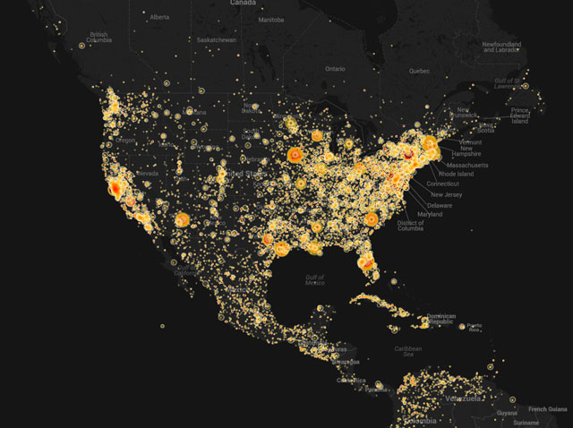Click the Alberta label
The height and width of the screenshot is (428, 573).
coord(159,17)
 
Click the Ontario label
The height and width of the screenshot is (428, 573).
coord(335,68)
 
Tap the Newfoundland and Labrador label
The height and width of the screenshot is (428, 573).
coord(501,47)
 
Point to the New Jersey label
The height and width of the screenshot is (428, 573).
coord(448,194)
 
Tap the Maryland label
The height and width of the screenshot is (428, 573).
coord(430,215)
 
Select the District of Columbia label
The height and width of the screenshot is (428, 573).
coord(410,226)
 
